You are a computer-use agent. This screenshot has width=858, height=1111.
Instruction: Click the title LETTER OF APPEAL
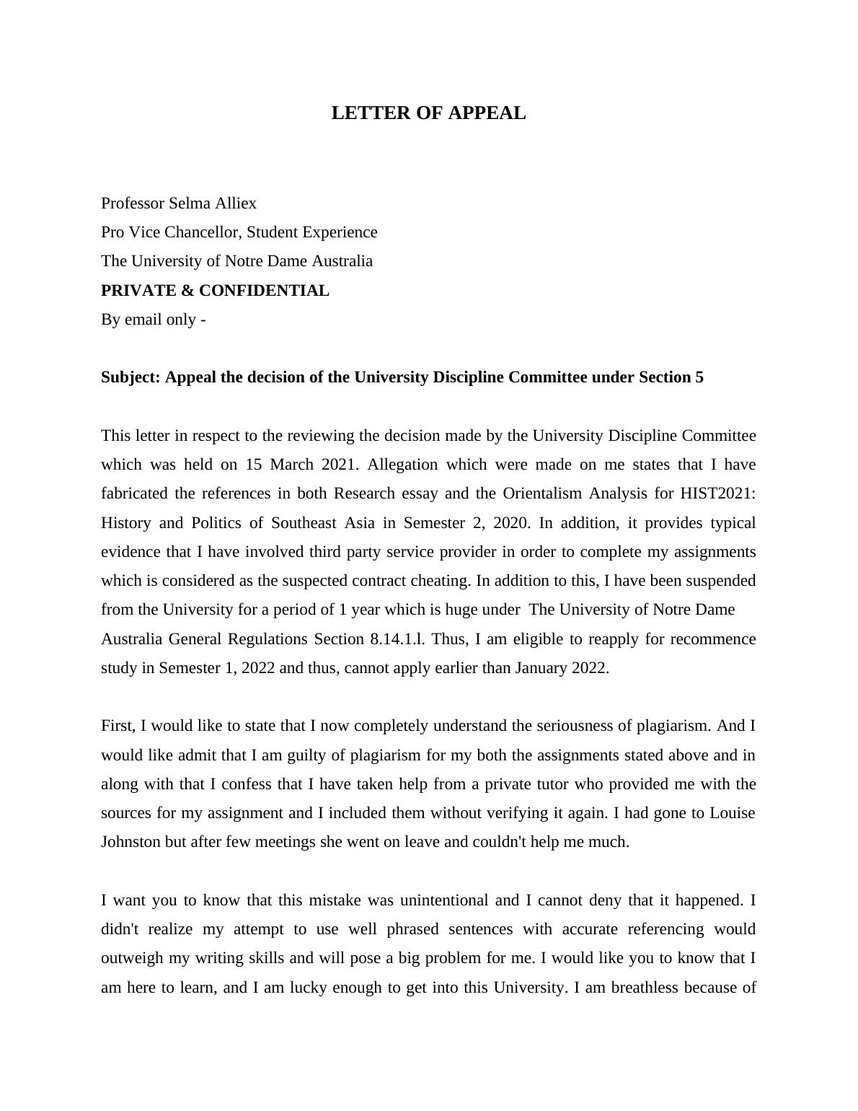(428, 113)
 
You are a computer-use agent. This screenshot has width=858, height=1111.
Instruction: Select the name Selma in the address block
(190, 203)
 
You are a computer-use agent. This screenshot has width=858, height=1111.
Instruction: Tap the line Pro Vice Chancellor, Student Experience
(239, 232)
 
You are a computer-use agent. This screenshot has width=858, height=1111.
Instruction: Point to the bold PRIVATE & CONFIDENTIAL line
(215, 291)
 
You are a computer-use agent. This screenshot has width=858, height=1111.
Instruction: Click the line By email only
(153, 320)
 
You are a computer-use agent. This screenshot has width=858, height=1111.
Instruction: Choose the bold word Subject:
(131, 377)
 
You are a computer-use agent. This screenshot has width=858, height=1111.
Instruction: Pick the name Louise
(732, 813)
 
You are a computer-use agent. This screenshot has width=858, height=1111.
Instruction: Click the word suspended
(720, 581)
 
